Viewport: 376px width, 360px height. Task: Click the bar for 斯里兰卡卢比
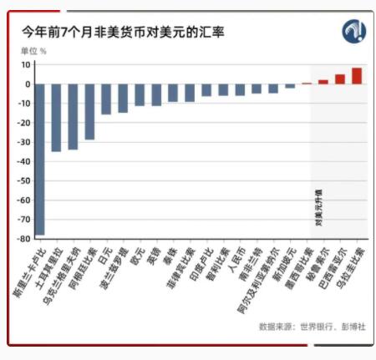39,159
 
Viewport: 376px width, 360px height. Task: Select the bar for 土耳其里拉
56,117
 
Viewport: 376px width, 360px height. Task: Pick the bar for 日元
106,99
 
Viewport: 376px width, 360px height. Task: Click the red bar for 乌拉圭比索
357,76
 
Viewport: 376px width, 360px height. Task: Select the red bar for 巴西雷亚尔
340,79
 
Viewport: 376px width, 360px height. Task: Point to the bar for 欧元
140,94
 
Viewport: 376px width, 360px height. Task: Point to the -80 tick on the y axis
25,238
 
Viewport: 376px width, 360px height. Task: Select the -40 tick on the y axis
25,161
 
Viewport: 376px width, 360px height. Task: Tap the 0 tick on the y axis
28,84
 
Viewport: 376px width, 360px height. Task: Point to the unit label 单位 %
34,51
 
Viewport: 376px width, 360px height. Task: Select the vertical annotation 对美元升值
318,209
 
